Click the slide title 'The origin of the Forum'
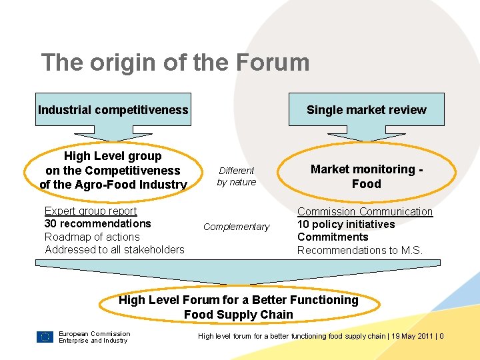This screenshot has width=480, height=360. [x=175, y=63]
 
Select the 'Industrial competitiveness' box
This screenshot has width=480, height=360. [x=113, y=109]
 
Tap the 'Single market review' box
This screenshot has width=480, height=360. [x=366, y=110]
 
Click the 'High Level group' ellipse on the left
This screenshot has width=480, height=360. [x=113, y=170]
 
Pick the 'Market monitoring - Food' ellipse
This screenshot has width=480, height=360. [x=366, y=176]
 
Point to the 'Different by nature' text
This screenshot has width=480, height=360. [x=237, y=176]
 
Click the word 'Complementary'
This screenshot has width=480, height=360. [x=237, y=227]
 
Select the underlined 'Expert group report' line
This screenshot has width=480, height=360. [x=91, y=211]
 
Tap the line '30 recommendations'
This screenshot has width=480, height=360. [x=98, y=224]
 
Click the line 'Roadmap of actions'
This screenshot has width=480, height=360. [x=92, y=237]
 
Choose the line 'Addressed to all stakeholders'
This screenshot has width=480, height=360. [x=115, y=249]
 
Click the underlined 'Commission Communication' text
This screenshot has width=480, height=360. [x=365, y=212]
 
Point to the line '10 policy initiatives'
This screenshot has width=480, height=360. [x=346, y=225]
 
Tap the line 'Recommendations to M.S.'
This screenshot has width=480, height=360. [x=360, y=250]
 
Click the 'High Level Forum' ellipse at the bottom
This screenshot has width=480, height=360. [x=239, y=307]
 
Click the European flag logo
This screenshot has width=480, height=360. [x=45, y=337]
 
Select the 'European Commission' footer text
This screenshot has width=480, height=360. [x=95, y=333]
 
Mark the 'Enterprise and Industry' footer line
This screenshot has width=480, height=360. [x=93, y=341]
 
